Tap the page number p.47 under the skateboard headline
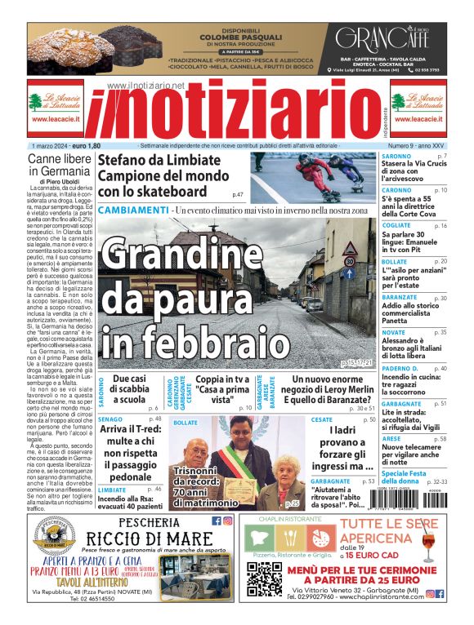point(238,195)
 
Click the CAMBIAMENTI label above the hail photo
point(133,211)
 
